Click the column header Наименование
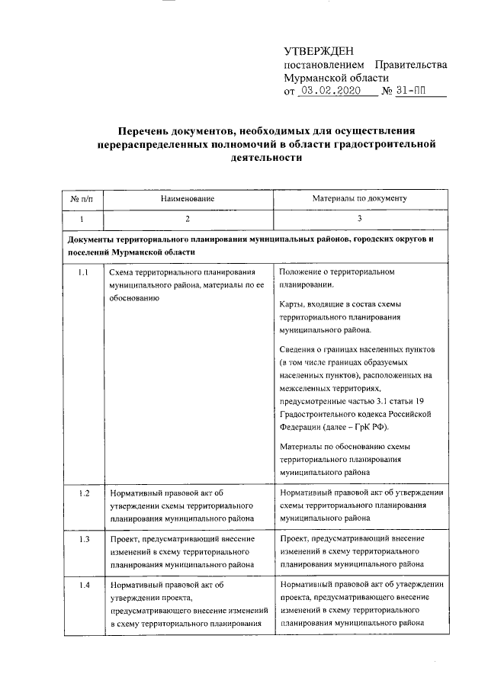[187, 198]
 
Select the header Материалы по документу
[359, 198]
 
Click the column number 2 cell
[187, 220]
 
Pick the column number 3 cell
[359, 220]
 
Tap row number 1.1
[85, 272]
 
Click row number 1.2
[85, 493]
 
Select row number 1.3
[85, 539]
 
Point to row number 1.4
[85, 585]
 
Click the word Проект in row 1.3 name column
[123, 538]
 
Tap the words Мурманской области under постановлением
[335, 78]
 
